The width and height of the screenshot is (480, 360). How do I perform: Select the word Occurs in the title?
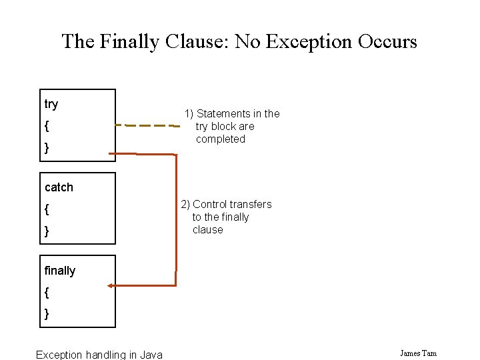(x=387, y=41)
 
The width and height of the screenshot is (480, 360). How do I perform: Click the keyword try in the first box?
(x=51, y=104)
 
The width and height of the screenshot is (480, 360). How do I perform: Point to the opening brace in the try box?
(x=47, y=126)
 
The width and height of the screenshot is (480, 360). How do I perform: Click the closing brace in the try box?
(x=47, y=147)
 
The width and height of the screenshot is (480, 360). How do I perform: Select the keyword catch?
(x=59, y=187)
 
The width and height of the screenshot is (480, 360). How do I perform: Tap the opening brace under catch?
(x=47, y=209)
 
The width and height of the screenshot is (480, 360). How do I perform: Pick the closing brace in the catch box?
(x=47, y=231)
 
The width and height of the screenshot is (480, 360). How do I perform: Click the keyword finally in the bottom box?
(x=60, y=271)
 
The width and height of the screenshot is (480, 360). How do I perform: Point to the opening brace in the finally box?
(x=47, y=292)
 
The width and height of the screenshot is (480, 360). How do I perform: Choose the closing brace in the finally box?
(x=47, y=313)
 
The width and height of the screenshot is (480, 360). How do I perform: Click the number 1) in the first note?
(x=189, y=114)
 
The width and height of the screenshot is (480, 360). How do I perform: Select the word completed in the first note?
(x=221, y=139)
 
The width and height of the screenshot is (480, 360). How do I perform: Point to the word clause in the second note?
(x=207, y=230)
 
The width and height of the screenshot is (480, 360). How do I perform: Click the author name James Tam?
(x=418, y=353)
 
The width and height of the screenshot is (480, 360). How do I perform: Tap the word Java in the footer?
(x=151, y=355)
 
